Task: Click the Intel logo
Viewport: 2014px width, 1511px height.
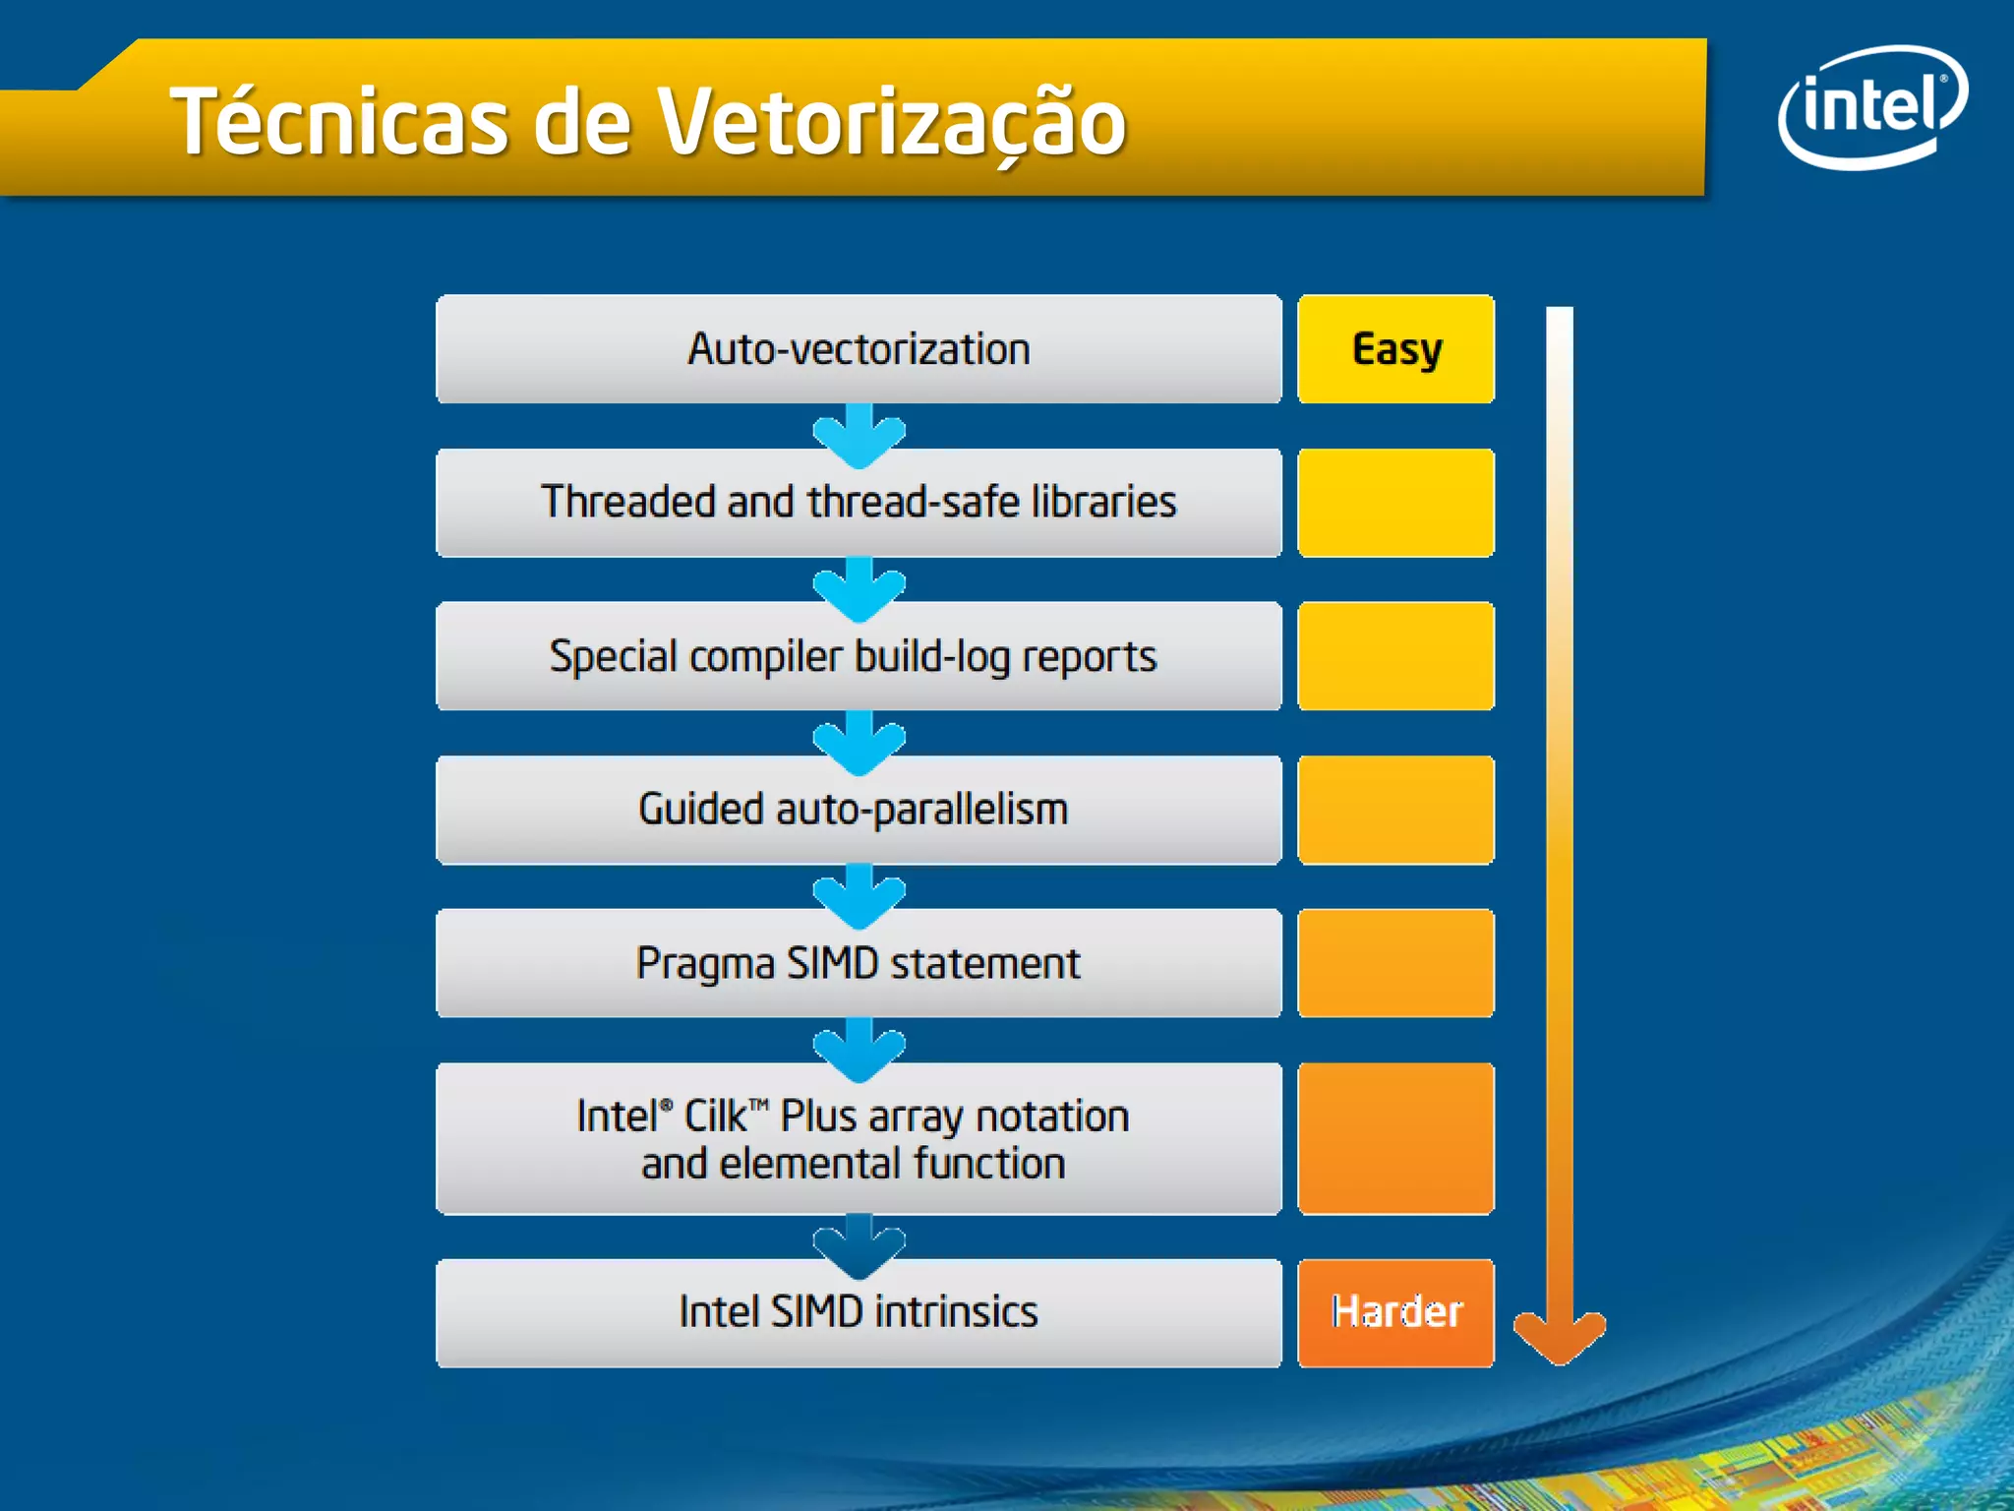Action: click(x=1871, y=106)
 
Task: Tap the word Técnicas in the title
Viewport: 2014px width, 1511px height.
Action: click(x=339, y=122)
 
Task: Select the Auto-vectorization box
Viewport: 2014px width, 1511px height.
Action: click(x=859, y=349)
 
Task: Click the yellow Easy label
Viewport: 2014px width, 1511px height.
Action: click(x=1395, y=349)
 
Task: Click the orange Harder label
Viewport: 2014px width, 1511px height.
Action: click(x=1395, y=1312)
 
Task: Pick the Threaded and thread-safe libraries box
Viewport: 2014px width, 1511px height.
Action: click(x=859, y=503)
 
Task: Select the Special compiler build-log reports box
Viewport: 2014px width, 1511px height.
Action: click(x=859, y=656)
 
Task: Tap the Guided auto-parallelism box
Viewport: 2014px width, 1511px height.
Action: click(x=859, y=810)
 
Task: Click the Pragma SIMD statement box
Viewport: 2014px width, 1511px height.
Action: click(x=859, y=963)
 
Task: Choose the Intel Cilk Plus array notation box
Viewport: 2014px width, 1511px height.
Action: click(x=859, y=1138)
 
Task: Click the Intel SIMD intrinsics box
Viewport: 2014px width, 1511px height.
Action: click(x=859, y=1312)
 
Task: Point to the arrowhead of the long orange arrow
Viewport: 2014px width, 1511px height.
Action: click(x=1559, y=1338)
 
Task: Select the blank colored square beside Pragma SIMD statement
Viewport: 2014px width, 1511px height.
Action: click(x=1395, y=963)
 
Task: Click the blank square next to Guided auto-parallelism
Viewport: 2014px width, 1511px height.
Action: click(x=1395, y=810)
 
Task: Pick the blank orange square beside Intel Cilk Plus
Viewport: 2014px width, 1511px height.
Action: click(x=1395, y=1138)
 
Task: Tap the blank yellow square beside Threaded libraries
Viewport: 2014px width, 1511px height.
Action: click(x=1395, y=503)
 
